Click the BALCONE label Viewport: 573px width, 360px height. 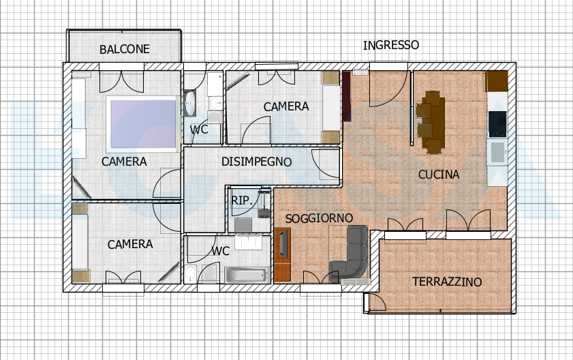[125, 49]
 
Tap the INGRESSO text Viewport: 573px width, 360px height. [391, 45]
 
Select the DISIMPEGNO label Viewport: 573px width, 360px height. [257, 162]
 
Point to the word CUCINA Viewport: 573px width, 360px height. [439, 175]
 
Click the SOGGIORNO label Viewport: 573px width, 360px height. [319, 218]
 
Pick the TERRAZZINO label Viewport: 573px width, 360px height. [447, 282]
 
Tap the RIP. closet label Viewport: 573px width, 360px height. [242, 200]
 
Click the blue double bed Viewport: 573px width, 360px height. [142, 124]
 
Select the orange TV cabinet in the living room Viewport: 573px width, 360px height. [282, 254]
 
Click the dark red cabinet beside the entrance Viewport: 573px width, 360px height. [346, 96]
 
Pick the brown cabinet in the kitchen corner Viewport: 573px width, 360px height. [496, 81]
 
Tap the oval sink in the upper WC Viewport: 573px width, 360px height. [189, 104]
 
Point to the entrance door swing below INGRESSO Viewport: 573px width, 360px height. [388, 88]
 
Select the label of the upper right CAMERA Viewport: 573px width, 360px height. [286, 106]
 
